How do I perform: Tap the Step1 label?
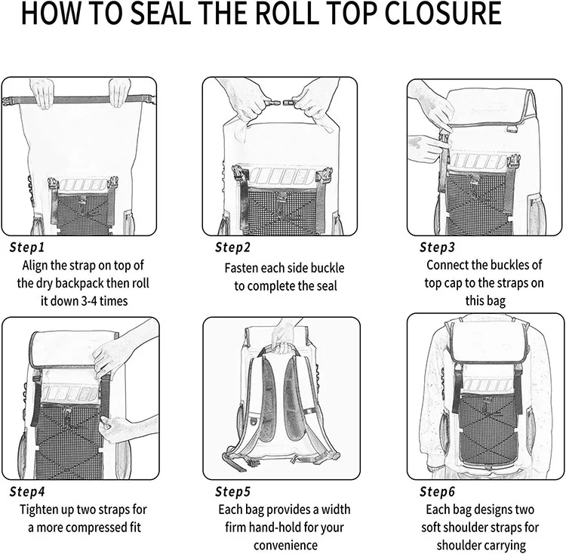(x=28, y=247)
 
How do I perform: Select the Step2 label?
(x=233, y=247)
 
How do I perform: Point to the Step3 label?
(x=437, y=247)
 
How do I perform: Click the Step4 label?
(x=29, y=491)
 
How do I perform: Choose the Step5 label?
(x=233, y=491)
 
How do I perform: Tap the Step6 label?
(x=438, y=491)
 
